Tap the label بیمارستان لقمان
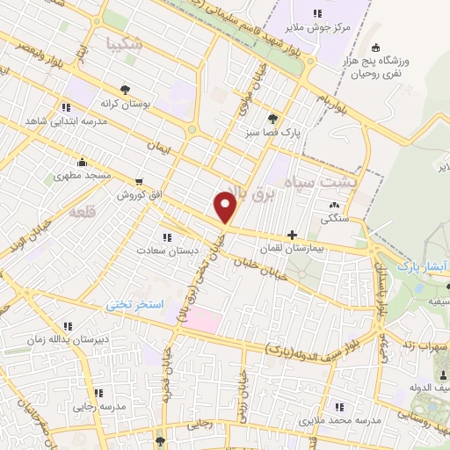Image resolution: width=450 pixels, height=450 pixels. click(314, 250)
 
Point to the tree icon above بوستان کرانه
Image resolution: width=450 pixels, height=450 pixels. click(126, 89)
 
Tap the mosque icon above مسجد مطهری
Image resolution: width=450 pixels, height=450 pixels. click(82, 162)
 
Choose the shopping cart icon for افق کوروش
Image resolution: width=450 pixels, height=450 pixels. click(139, 178)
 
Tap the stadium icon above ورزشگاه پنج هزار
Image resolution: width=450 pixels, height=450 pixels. click(376, 47)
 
